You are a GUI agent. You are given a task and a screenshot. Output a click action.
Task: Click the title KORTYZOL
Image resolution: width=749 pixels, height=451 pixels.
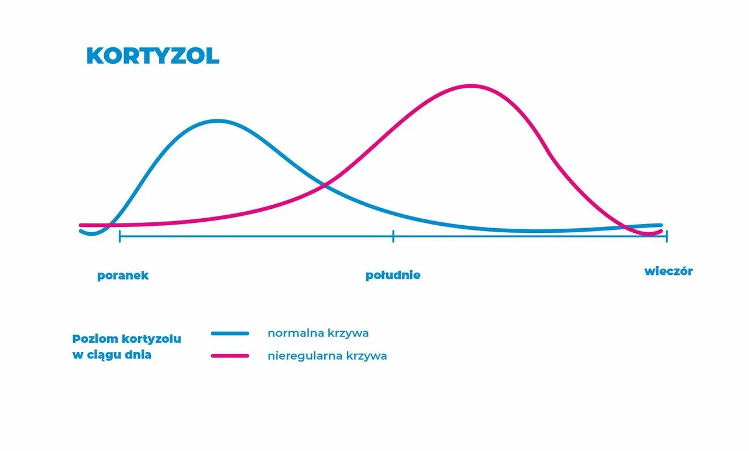153,56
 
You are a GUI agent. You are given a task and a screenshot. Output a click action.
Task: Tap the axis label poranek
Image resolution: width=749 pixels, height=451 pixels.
123,276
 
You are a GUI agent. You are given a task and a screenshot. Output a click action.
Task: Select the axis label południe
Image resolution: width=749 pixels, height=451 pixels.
393,275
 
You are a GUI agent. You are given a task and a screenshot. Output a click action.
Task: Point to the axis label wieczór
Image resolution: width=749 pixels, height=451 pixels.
668,271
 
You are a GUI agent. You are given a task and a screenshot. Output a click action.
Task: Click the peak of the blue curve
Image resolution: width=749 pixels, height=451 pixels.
217,121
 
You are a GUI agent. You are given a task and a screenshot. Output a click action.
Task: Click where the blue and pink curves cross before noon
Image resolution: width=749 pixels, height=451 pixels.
324,185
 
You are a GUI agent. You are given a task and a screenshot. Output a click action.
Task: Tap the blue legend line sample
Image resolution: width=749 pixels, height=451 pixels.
230,333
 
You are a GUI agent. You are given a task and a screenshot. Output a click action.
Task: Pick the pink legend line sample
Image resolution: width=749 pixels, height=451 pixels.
230,356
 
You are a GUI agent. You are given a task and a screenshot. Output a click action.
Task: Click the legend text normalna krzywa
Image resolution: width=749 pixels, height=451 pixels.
318,333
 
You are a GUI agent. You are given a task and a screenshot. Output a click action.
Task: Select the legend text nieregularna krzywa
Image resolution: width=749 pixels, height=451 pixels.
327,356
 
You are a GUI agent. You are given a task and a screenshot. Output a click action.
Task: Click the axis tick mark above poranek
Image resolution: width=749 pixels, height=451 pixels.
120,236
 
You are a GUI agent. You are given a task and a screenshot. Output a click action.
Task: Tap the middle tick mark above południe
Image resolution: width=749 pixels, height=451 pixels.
393,236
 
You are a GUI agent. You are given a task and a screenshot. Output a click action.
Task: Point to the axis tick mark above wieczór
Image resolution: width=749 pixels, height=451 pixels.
666,236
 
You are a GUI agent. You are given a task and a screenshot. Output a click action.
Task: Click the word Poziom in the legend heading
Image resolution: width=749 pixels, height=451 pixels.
95,339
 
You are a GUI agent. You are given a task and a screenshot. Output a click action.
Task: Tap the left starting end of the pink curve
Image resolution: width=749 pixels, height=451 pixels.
81,225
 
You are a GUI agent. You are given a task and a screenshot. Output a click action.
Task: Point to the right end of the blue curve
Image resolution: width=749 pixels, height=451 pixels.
661,225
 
